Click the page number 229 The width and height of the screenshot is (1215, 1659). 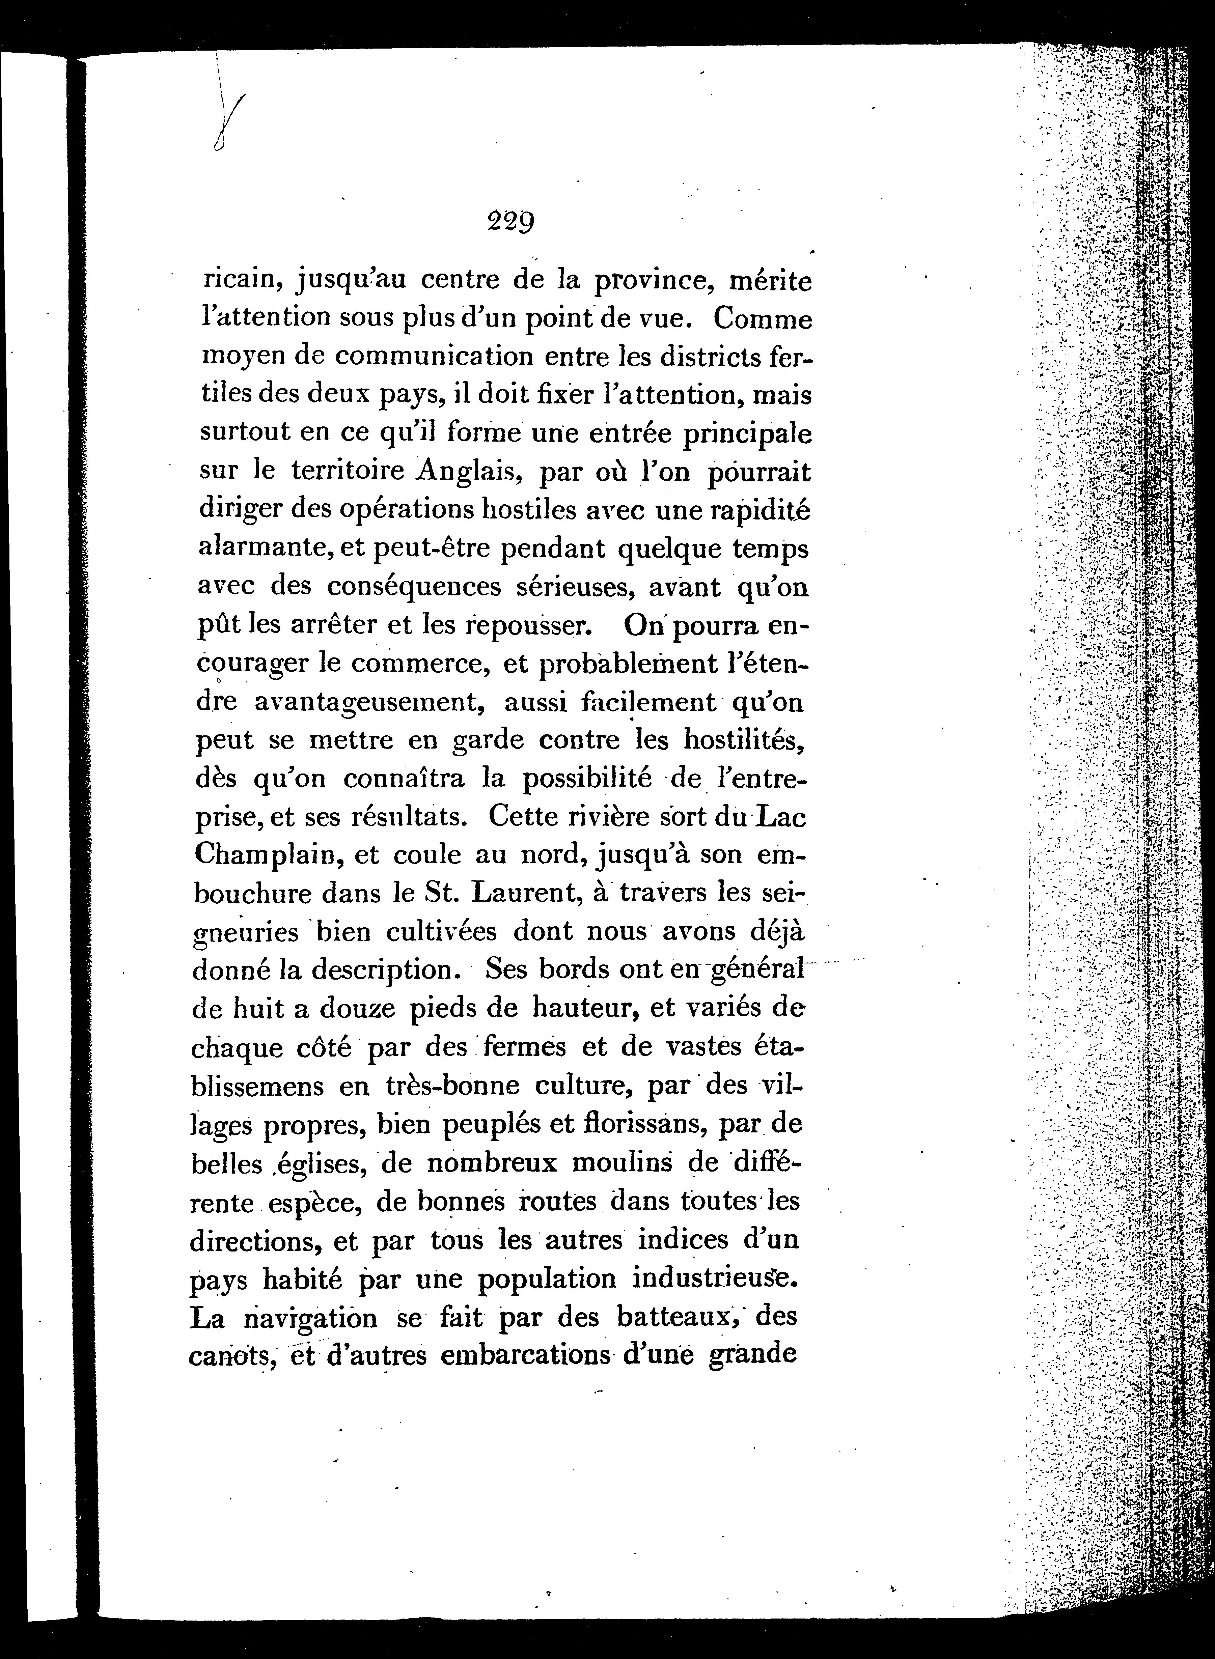pos(510,221)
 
